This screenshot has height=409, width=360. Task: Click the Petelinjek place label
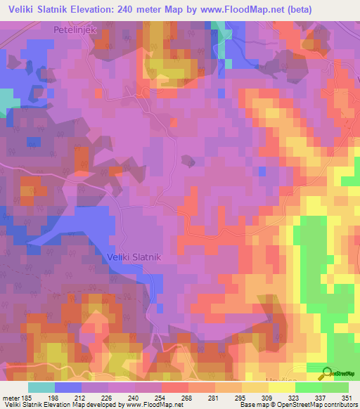pyautogui.click(x=74, y=30)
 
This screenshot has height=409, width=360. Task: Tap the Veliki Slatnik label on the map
pyautogui.click(x=135, y=257)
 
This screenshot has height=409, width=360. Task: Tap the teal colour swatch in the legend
pyautogui.click(x=41, y=387)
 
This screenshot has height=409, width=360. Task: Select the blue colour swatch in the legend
pyautogui.click(x=68, y=387)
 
